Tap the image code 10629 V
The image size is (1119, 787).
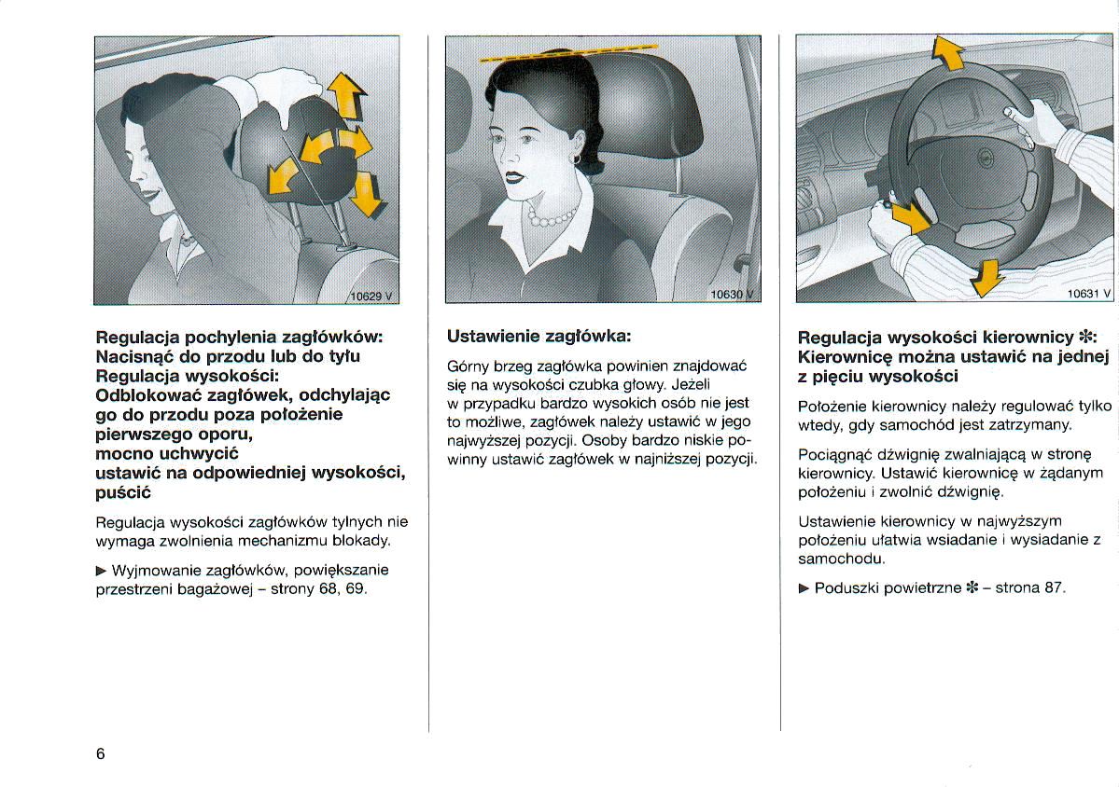[372, 296]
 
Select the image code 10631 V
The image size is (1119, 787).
[1089, 293]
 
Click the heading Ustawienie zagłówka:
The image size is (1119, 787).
[539, 336]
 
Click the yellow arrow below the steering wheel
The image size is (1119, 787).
[985, 277]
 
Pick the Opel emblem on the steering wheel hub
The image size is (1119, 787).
[981, 162]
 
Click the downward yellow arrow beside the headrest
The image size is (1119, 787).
[371, 193]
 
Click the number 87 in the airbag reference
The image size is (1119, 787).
[1053, 587]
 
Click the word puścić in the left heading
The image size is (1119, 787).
[123, 492]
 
